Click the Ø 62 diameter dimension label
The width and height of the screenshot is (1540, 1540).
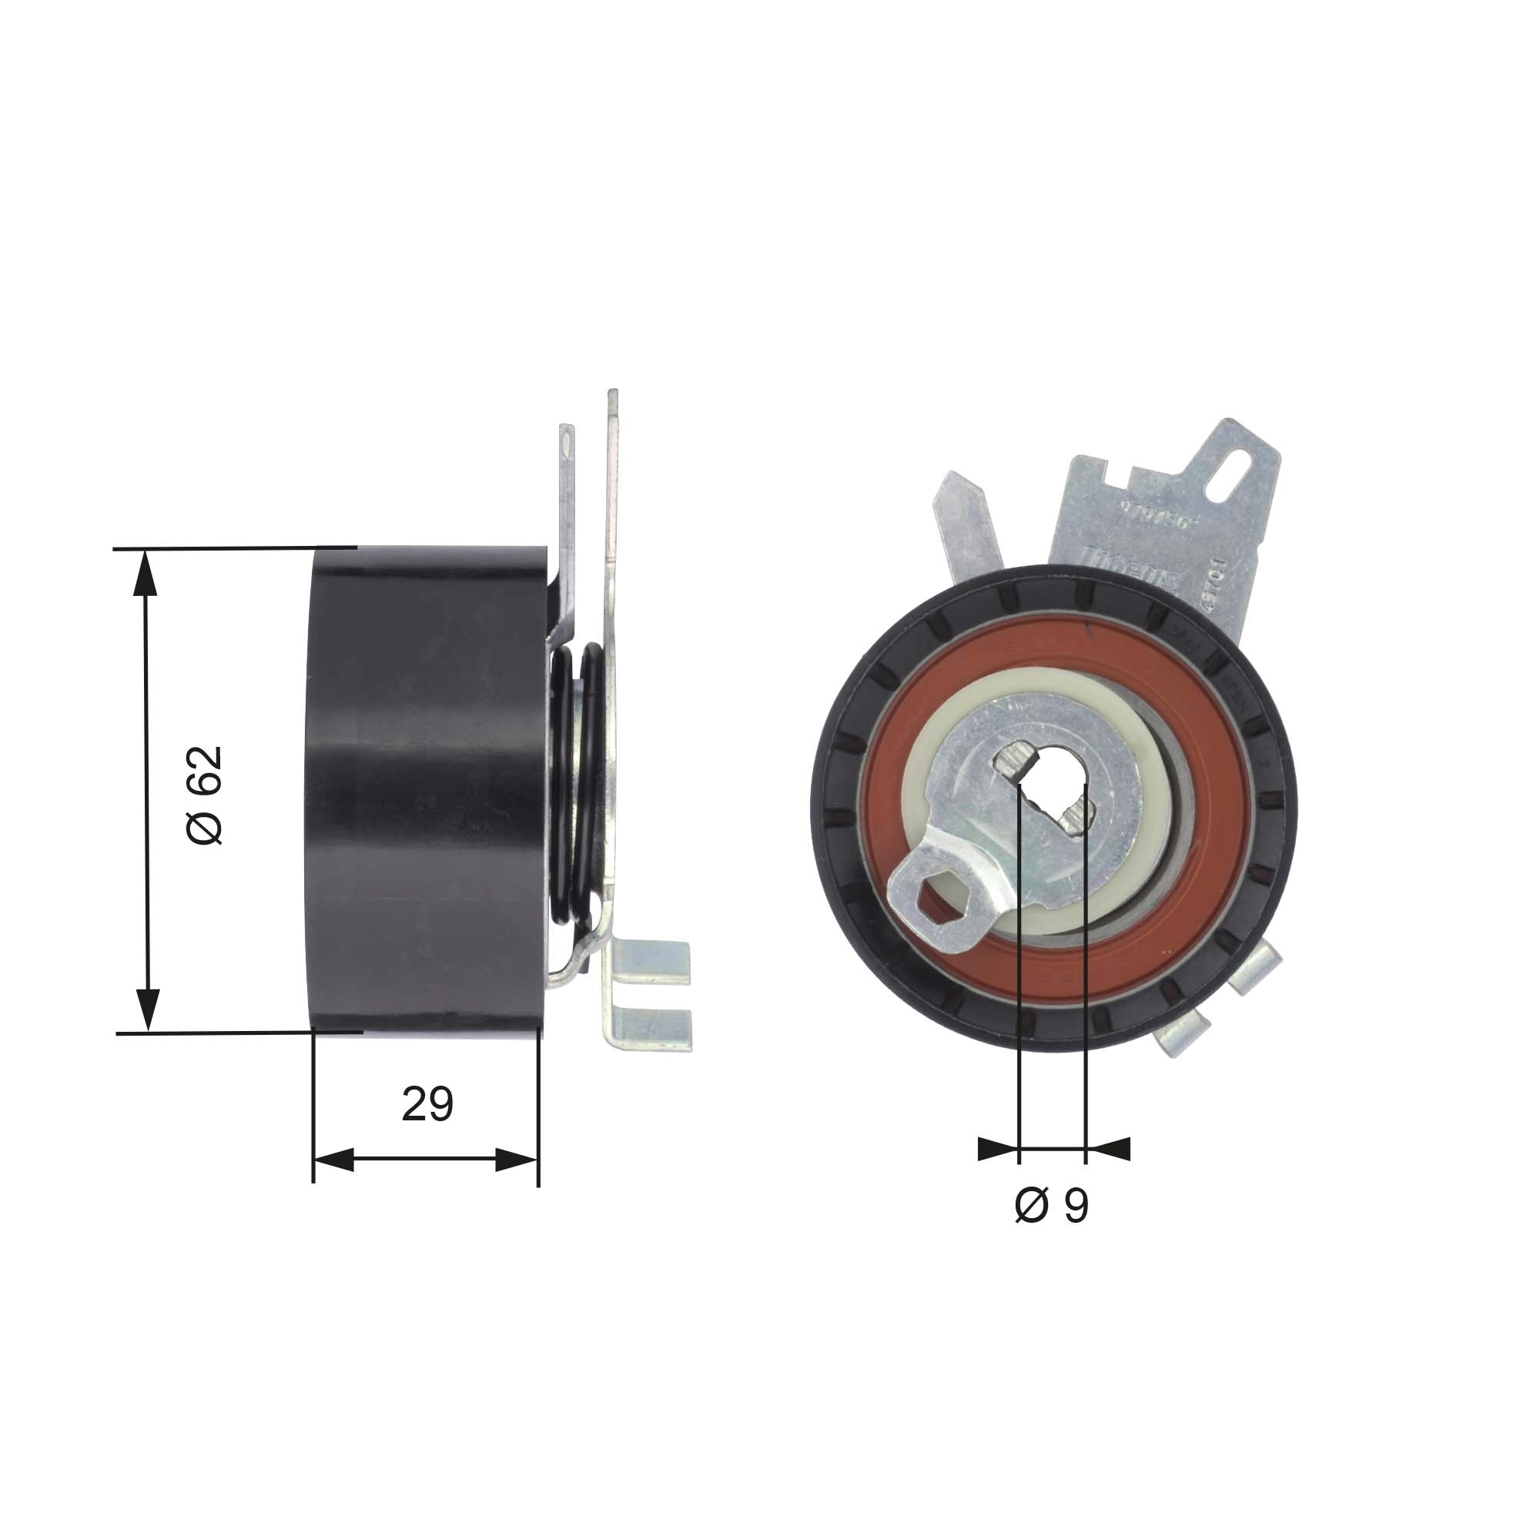click(x=204, y=796)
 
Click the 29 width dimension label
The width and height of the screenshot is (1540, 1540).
click(x=427, y=1104)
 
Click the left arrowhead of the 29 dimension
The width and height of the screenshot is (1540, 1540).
click(x=334, y=1160)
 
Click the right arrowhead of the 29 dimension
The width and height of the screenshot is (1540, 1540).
click(x=517, y=1160)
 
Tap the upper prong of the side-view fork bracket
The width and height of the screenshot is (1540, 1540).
click(x=654, y=961)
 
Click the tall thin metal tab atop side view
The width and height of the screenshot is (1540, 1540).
click(x=612, y=478)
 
